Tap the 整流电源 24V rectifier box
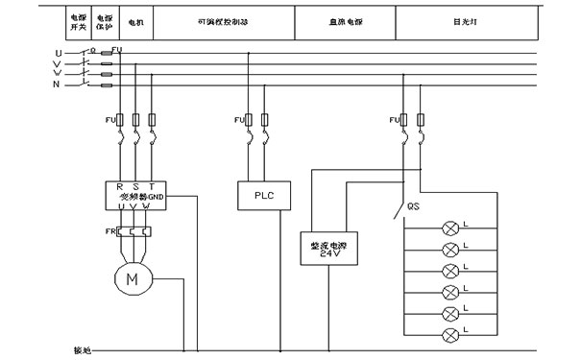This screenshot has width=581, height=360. point(324,249)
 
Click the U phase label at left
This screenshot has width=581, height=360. point(60,52)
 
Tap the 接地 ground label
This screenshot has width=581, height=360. point(83,349)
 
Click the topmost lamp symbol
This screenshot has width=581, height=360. point(448,228)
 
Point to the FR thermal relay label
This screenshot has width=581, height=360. point(109,231)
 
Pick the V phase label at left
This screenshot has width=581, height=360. point(60,62)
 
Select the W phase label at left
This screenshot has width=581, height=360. point(60,73)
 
